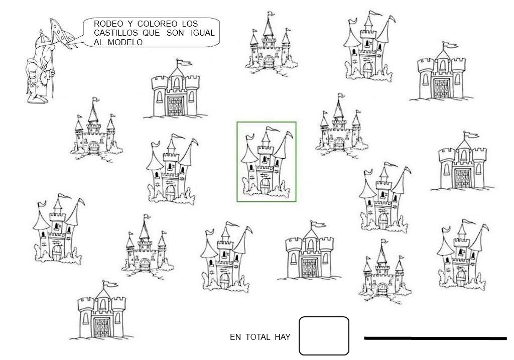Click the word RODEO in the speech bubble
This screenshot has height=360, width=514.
tap(106, 24)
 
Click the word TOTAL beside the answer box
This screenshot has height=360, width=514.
tap(258, 337)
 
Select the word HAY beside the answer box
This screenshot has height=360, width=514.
tap(282, 337)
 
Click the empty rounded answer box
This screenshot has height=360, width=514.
tap(324, 336)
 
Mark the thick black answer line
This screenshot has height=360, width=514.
tap(435, 338)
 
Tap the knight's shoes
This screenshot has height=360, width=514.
tap(38, 99)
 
